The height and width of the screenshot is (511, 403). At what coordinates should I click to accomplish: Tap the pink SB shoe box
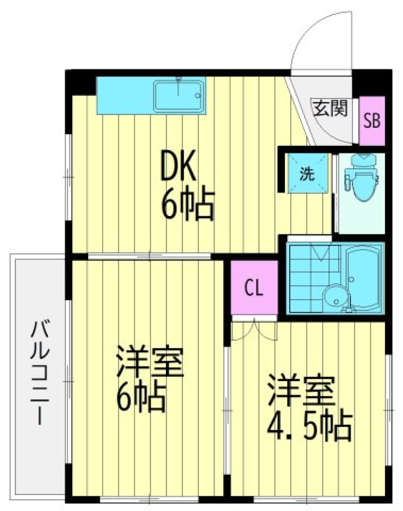coord(372,121)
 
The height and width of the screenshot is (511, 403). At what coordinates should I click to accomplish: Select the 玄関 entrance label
coord(330,108)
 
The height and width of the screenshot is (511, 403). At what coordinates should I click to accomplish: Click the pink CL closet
coord(254,288)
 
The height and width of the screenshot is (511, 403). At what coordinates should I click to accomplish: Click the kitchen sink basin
coord(179,96)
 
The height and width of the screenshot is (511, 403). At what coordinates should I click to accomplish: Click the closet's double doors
coord(254,330)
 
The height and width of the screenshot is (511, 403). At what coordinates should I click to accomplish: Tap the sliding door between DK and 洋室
coord(149,255)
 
